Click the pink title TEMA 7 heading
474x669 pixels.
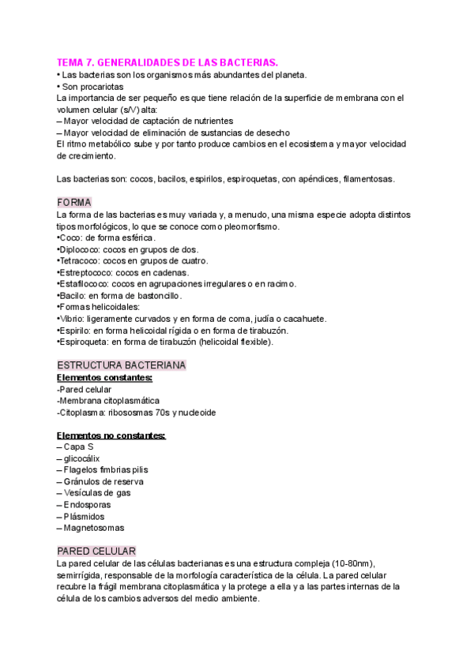click(167, 62)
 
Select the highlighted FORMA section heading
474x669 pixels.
click(74, 202)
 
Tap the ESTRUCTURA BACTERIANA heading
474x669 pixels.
click(121, 366)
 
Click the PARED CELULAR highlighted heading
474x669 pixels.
click(96, 550)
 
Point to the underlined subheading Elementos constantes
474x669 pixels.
click(105, 378)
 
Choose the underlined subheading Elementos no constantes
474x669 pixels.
click(111, 435)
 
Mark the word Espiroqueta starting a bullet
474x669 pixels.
click(86, 342)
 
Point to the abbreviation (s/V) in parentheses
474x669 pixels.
click(128, 110)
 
